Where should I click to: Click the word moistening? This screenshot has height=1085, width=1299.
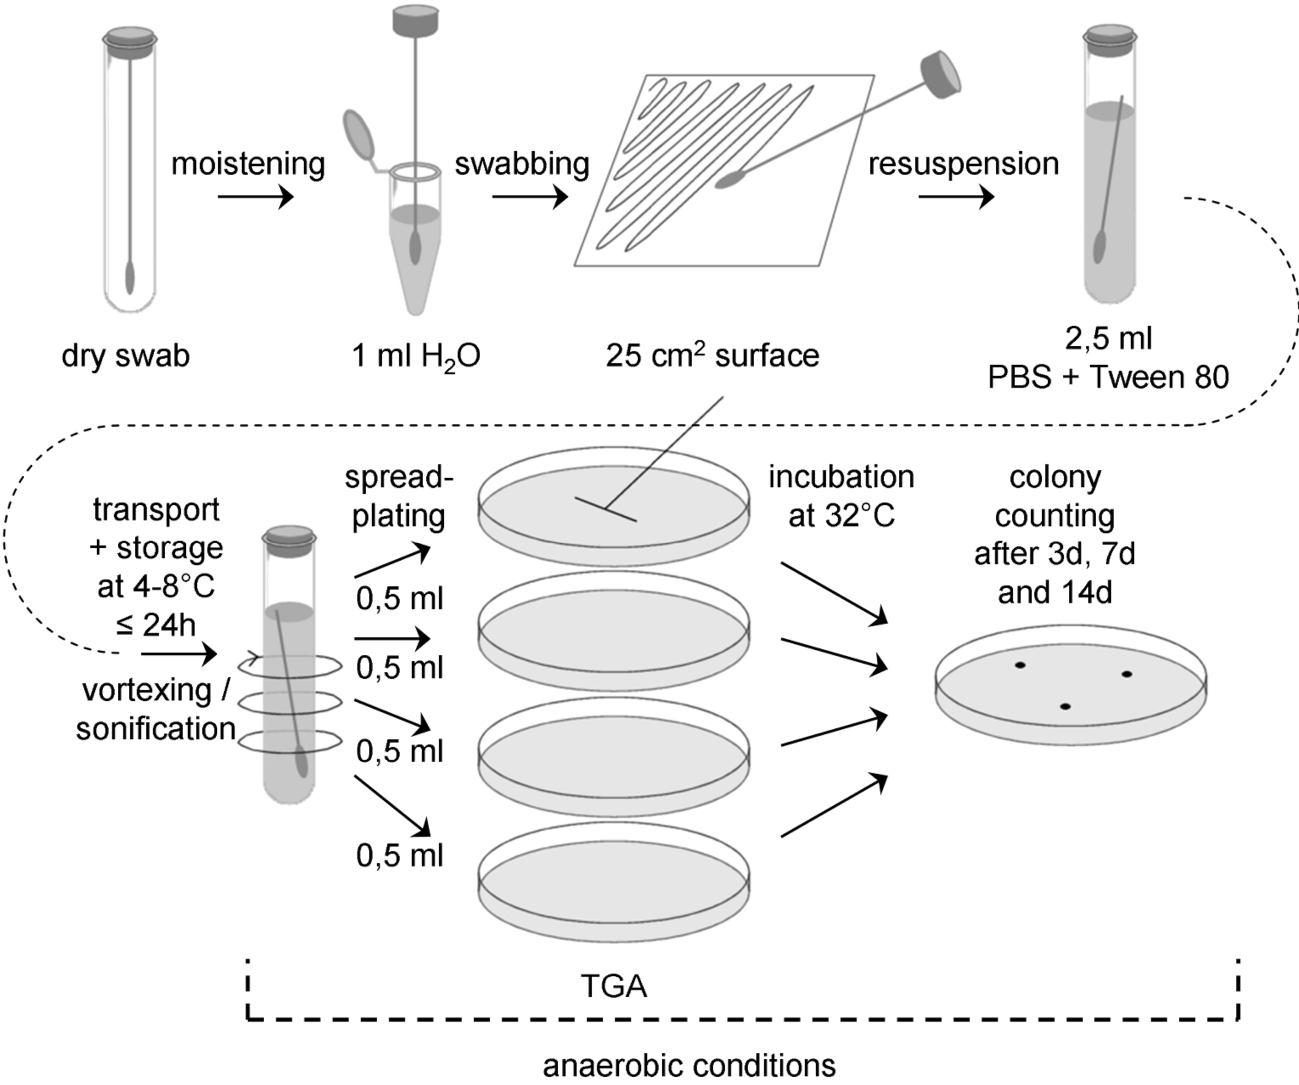(248, 165)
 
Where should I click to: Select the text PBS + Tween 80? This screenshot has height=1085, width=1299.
(1108, 378)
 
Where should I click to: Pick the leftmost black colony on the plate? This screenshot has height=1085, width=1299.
(1020, 665)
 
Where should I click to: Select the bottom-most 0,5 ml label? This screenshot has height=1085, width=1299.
(399, 856)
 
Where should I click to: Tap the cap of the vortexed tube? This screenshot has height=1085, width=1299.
(289, 536)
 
